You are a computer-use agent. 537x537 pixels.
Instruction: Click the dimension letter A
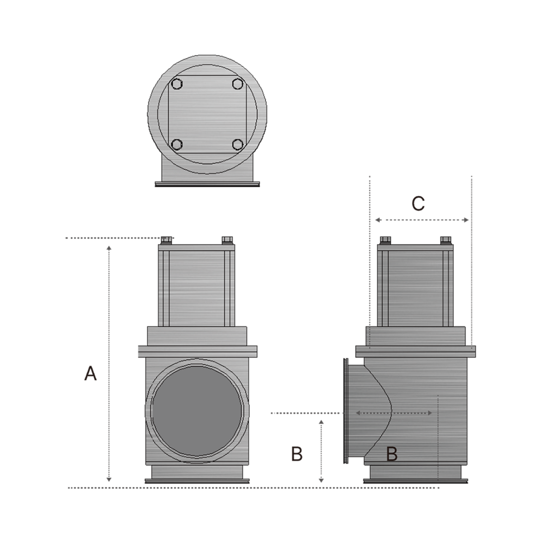tap(90, 373)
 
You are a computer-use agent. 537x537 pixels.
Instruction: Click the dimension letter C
tap(418, 203)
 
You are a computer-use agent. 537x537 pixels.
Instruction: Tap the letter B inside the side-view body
tap(392, 454)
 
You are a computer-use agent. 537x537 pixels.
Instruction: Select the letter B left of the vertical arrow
tap(297, 454)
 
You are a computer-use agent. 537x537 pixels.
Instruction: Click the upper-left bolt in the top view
tap(177, 84)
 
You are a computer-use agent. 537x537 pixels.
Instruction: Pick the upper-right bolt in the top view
tap(238, 84)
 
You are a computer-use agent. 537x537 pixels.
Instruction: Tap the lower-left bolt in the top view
tap(177, 145)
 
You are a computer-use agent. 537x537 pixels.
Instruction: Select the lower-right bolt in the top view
tap(238, 145)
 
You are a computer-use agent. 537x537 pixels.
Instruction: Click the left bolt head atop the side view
tap(385, 240)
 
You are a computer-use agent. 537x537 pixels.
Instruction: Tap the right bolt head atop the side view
tap(446, 240)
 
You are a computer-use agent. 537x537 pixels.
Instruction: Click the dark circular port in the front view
tap(197, 411)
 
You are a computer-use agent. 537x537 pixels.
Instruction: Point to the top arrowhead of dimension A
tap(109, 248)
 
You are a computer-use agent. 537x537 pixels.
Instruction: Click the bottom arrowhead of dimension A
tap(109, 480)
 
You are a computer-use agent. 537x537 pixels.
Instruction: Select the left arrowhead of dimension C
tap(378, 220)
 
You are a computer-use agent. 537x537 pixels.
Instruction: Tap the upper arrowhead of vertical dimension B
tap(321, 422)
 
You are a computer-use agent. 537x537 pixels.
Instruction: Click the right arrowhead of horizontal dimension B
tap(430, 413)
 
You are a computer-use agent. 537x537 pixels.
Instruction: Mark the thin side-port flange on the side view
tap(346, 411)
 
